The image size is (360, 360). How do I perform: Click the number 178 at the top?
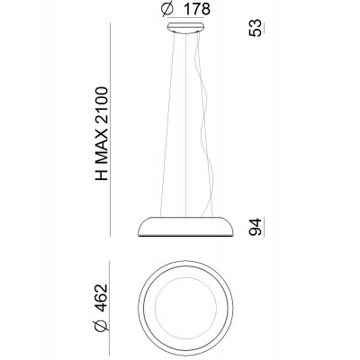click(x=196, y=9)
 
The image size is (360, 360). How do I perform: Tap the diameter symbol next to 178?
click(x=167, y=9)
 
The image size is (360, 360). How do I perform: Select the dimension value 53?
click(x=256, y=28)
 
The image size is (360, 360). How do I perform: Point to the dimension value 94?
click(x=256, y=227)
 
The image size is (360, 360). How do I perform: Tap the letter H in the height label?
click(x=101, y=175)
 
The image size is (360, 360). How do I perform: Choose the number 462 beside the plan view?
click(x=101, y=298)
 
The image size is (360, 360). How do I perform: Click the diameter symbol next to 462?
click(x=101, y=325)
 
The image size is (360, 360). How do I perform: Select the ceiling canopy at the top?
click(x=186, y=28)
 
